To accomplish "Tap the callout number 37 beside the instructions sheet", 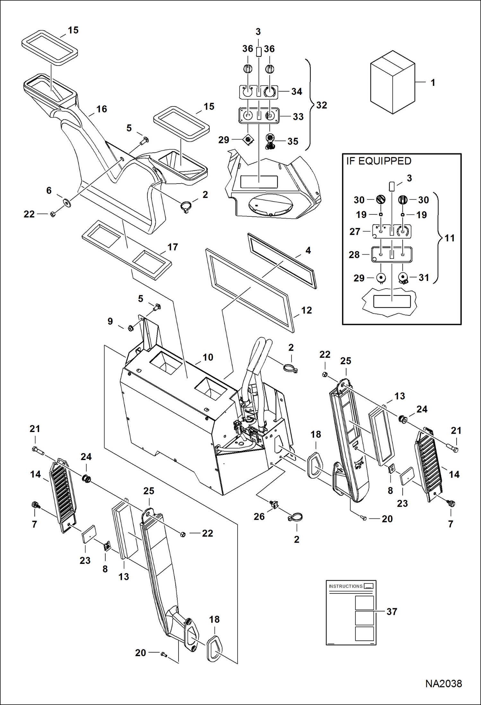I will click(x=392, y=611).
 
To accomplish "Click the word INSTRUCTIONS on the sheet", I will click(x=345, y=586).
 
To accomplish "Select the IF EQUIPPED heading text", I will click(x=379, y=161).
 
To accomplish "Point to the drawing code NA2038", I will click(x=443, y=683).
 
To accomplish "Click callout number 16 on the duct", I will click(x=101, y=109).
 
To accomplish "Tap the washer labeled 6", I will click(x=67, y=203).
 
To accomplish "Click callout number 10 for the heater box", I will click(x=208, y=357).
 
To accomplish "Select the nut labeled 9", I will click(x=130, y=328).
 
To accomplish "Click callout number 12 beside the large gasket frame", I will click(x=306, y=310).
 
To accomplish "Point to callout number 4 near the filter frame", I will click(x=308, y=250).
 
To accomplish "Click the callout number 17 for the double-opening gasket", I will click(x=172, y=247).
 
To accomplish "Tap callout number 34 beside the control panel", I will click(x=296, y=92).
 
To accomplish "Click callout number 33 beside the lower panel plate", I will click(x=298, y=117).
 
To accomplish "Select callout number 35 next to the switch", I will click(x=293, y=141).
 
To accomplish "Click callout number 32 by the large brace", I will click(x=321, y=105).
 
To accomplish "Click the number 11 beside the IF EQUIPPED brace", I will click(x=450, y=238).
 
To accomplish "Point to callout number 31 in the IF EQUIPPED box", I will click(x=424, y=277).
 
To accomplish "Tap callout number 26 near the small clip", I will click(x=259, y=516).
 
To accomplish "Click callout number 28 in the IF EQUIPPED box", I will click(x=354, y=255).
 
